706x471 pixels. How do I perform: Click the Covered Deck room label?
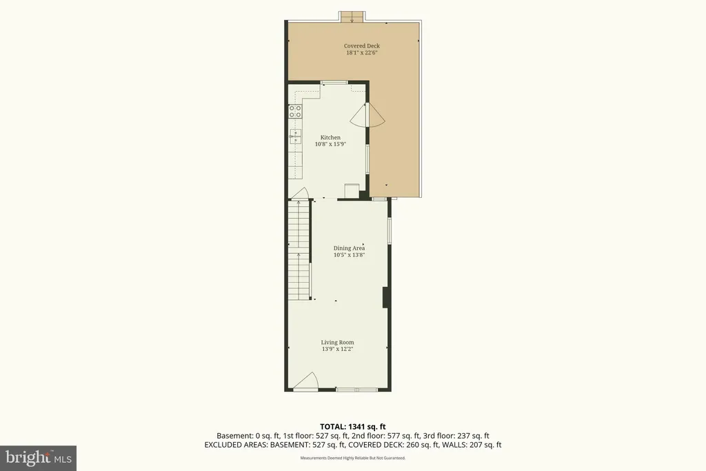(361, 46)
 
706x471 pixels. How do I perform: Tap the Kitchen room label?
(330, 137)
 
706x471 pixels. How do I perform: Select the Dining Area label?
(349, 248)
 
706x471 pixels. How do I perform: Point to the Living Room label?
(337, 342)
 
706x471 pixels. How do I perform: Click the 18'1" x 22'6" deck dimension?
(361, 52)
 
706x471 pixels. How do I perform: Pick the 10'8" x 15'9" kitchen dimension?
(330, 144)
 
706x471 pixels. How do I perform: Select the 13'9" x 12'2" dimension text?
(337, 349)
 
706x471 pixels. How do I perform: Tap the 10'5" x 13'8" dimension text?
(349, 255)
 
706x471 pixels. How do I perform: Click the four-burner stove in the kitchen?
(295, 111)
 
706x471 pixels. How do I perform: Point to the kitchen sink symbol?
(295, 136)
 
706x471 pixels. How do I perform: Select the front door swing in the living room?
(306, 381)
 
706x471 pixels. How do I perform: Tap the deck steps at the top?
(351, 17)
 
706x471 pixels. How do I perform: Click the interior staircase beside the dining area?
(299, 250)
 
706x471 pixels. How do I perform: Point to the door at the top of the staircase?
(299, 193)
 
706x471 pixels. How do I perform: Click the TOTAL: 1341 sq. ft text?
(352, 426)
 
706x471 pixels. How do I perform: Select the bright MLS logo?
(39, 459)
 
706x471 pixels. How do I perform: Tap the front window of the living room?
(357, 390)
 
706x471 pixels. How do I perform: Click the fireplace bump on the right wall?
(385, 298)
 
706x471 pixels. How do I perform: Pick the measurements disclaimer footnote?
(352, 458)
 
